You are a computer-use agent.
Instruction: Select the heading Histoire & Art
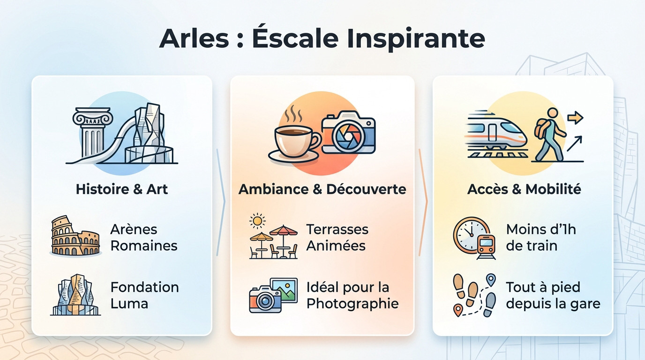122,189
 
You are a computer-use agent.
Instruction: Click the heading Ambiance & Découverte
322,189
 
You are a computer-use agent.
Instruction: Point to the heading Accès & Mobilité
524,189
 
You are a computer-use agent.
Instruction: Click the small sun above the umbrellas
257,220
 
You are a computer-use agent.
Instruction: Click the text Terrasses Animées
337,238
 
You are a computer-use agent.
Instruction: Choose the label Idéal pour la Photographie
352,295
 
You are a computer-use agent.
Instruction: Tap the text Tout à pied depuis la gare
553,295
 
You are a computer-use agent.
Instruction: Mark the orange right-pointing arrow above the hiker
575,118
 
